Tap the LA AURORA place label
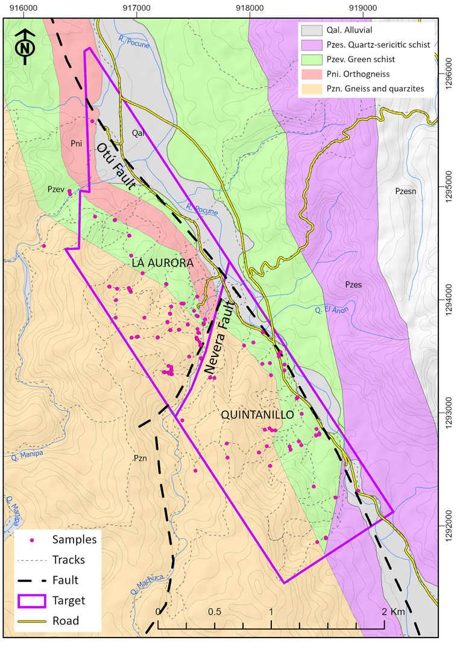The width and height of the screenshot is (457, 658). point(163,264)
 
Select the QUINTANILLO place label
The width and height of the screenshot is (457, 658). point(257,415)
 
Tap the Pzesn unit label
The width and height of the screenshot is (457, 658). point(408,191)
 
